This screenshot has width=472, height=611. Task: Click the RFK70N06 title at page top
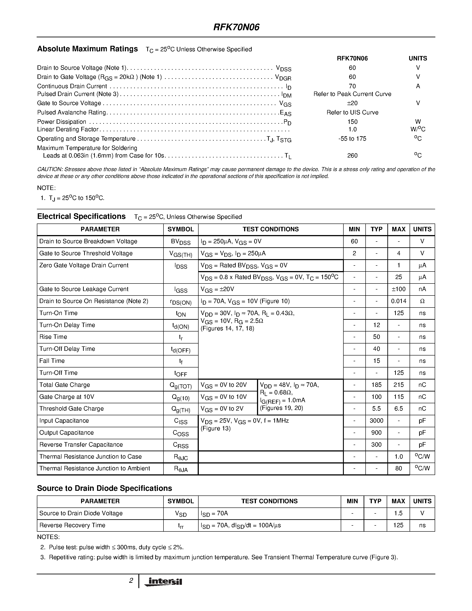point(236,27)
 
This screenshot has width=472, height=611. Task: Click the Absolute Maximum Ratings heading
point(88,49)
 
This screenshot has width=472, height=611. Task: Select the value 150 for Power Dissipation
point(352,122)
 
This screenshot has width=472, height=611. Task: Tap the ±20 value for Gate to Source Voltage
point(352,103)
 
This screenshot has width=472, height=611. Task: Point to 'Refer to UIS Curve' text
point(352,112)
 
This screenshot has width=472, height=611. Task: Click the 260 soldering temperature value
point(352,156)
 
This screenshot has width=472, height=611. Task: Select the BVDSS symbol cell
point(181,242)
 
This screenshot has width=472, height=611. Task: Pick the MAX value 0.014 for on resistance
point(398,301)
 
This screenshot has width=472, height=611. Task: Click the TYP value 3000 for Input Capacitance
point(376,421)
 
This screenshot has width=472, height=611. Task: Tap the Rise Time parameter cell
point(53,337)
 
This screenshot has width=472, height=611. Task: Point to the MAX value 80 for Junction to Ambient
point(398,468)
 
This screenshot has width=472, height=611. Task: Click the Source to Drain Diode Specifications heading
point(105,488)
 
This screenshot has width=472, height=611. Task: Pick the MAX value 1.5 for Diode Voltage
point(398,513)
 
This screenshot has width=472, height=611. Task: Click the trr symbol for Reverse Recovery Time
point(181,526)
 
